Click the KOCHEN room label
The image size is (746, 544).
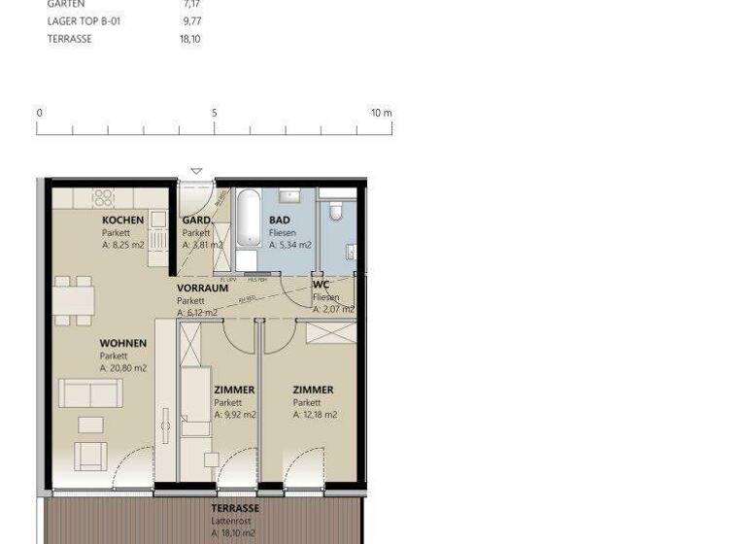pos(122,221)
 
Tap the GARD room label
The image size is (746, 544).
pos(196,221)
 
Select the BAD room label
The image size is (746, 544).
pos(280,221)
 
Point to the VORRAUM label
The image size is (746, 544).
pos(202,289)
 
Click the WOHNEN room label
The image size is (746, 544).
pos(122,344)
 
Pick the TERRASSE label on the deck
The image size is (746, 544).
pos(235,508)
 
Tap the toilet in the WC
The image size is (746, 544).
pos(335,211)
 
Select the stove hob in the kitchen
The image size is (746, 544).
pos(103,198)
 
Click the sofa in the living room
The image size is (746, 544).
pos(89,393)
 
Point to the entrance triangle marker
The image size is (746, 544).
pos(196,172)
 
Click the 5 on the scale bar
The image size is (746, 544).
pos(215,114)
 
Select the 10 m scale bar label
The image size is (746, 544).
pos(381,114)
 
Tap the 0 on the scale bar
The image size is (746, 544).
pos(40,114)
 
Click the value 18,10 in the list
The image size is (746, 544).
pos(189,39)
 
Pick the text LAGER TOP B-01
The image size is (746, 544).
pos(85,21)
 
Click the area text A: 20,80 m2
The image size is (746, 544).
pos(123,369)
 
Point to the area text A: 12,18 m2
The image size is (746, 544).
pos(315,415)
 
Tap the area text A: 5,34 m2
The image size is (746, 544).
pos(290,246)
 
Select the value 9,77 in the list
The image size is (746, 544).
pos(189,21)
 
